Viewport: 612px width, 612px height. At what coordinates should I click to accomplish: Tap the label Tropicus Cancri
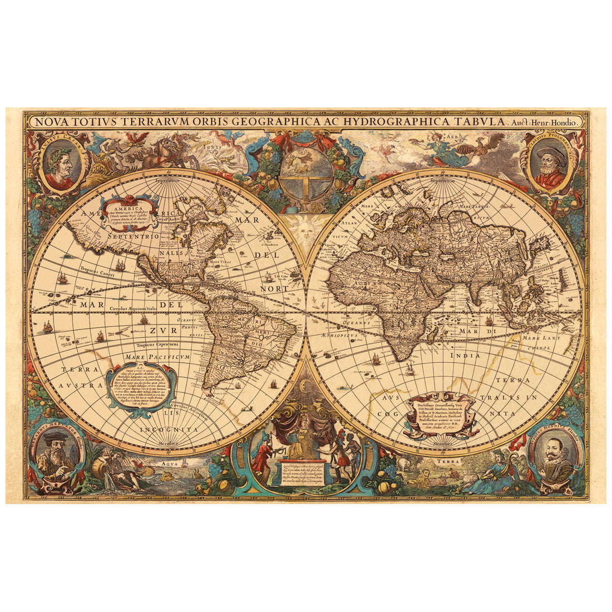[82, 270]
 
